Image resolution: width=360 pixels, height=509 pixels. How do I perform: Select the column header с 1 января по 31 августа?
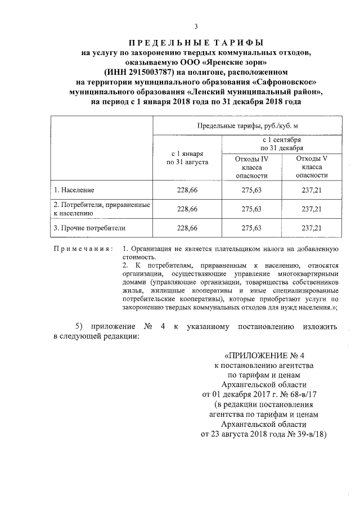(x=187, y=157)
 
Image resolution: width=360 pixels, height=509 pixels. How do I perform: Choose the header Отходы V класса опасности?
(x=311, y=167)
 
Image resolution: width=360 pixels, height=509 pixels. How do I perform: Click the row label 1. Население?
(x=74, y=190)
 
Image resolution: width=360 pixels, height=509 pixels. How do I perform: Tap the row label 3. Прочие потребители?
(x=89, y=228)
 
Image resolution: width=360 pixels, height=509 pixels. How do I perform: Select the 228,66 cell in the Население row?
(x=187, y=190)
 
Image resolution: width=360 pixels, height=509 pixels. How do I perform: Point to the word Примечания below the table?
(x=82, y=248)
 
